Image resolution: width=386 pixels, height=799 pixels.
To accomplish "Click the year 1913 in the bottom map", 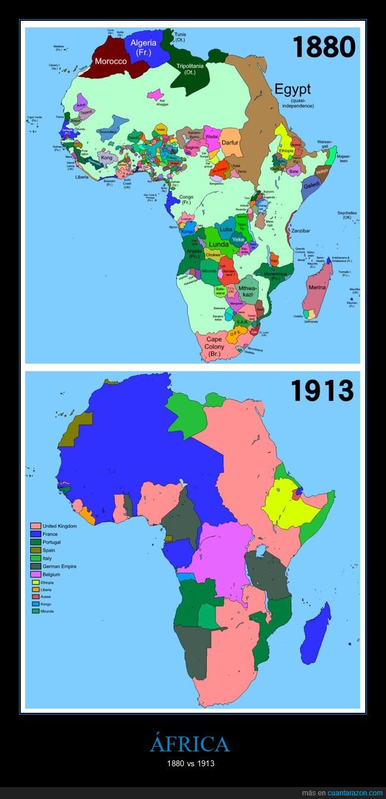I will point(322,391).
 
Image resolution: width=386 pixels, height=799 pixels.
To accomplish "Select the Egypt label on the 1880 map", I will point(292,90).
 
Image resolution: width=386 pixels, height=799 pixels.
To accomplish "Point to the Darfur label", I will point(229,143).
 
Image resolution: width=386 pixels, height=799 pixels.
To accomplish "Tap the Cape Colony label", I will point(213,347).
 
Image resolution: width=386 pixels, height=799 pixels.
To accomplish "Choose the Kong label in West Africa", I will point(106,158).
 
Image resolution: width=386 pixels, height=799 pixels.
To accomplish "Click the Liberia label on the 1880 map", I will point(82,177).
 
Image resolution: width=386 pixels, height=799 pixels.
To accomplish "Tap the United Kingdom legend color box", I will point(36,526).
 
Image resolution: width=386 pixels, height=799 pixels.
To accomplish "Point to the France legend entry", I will point(50,534).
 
